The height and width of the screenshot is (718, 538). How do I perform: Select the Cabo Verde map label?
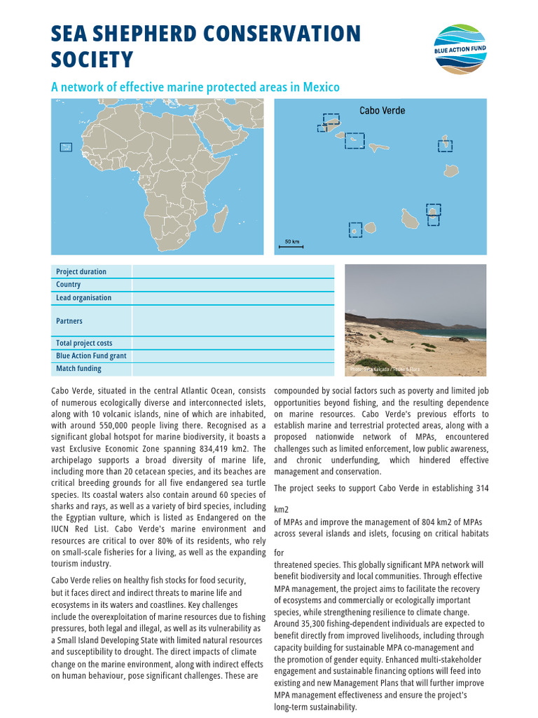[382, 110]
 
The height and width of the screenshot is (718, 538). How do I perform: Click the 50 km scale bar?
[291, 245]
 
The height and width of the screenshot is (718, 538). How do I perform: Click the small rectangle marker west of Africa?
[66, 147]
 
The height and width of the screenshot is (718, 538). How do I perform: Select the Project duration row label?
[81, 272]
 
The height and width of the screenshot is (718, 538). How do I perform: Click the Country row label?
[69, 285]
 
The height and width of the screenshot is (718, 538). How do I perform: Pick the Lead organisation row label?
[83, 297]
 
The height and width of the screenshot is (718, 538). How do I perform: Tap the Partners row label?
[69, 321]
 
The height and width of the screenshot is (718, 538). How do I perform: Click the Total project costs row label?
[84, 344]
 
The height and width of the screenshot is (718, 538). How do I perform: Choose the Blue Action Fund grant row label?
[91, 356]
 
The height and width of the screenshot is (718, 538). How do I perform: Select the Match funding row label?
[78, 369]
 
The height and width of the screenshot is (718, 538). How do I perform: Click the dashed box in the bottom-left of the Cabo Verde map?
[355, 230]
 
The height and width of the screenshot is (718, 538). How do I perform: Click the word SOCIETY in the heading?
[92, 60]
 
